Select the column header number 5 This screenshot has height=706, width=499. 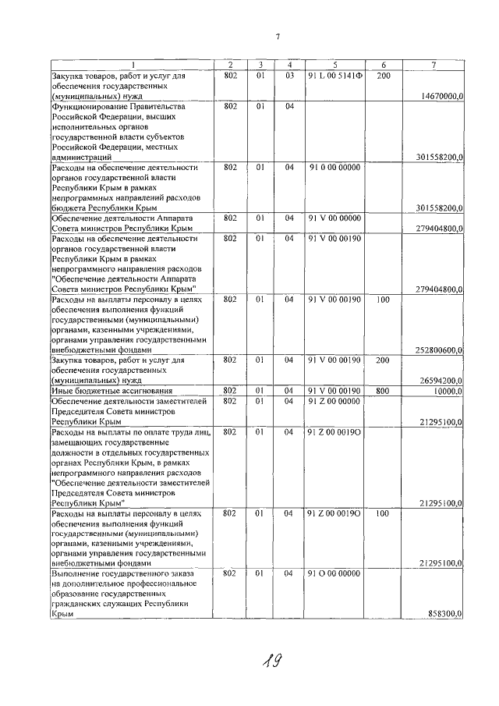(334, 64)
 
